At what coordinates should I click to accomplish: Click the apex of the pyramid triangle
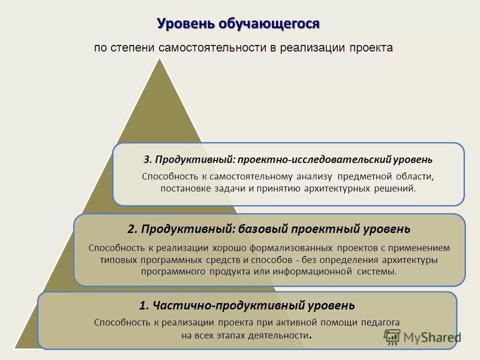[160, 59]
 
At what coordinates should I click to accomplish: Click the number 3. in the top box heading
[147, 159]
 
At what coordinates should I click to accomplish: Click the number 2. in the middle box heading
[132, 229]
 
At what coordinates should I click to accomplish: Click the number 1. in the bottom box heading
[144, 305]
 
